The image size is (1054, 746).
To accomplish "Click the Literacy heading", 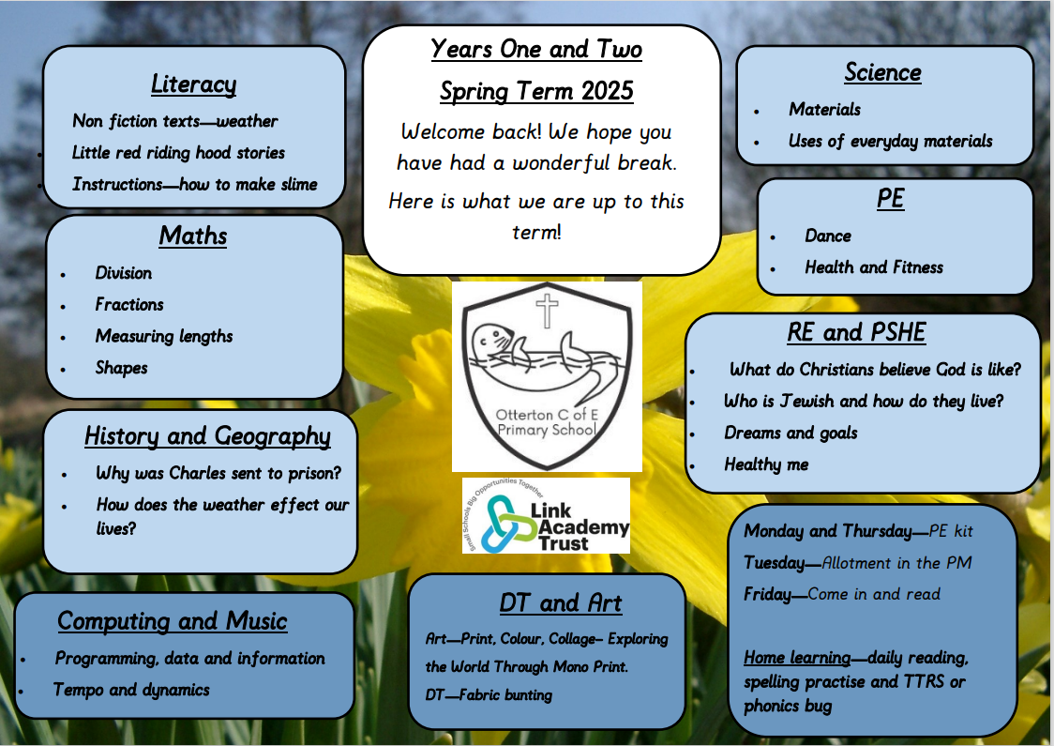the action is click(x=193, y=84).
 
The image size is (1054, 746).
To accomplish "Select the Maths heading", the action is click(x=193, y=236).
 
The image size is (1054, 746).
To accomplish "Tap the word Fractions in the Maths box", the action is click(x=129, y=304).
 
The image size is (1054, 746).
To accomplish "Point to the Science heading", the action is click(x=882, y=72).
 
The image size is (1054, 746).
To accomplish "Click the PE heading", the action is click(x=891, y=198).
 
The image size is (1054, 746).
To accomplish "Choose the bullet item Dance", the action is click(x=828, y=236).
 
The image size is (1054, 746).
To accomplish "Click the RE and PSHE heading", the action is click(x=856, y=332).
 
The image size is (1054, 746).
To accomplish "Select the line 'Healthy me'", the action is click(x=766, y=464).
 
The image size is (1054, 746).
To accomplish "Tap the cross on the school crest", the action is click(x=548, y=311).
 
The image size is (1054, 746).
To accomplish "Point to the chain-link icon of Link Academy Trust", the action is click(x=501, y=524).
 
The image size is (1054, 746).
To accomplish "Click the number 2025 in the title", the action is click(x=608, y=91).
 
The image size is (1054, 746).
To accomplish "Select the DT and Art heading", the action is click(x=561, y=602).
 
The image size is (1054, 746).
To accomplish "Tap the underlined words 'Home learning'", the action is click(x=797, y=657).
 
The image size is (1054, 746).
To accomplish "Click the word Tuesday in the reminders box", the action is click(x=774, y=562).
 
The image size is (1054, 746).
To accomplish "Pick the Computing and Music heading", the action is click(x=173, y=621).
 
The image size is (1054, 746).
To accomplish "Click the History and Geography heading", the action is click(x=208, y=436).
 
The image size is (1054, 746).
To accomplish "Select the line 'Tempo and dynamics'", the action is click(x=131, y=690).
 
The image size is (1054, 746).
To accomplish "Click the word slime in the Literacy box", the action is click(x=299, y=184).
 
